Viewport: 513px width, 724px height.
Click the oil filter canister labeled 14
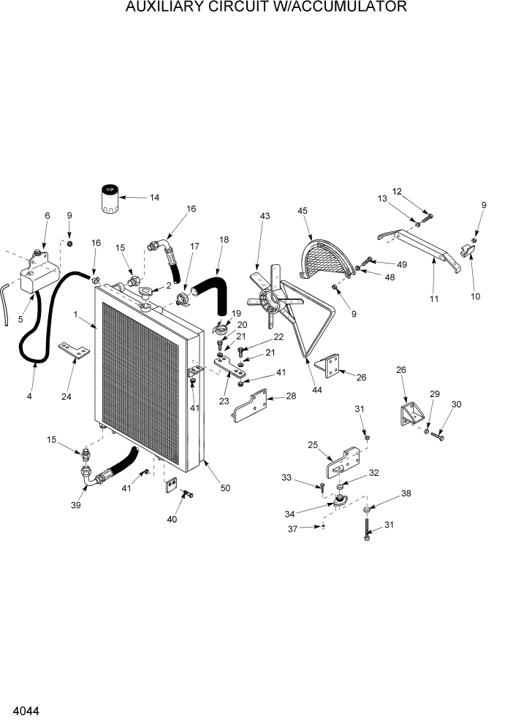[106, 199]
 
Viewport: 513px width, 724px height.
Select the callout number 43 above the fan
[265, 216]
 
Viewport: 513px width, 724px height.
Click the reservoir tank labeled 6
[37, 273]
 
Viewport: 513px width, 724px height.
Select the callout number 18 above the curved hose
[224, 239]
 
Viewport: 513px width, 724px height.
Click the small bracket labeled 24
[73, 350]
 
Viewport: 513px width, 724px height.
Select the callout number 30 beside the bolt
[457, 404]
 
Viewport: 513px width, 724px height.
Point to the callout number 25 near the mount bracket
[312, 445]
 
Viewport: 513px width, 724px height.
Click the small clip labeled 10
[468, 252]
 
